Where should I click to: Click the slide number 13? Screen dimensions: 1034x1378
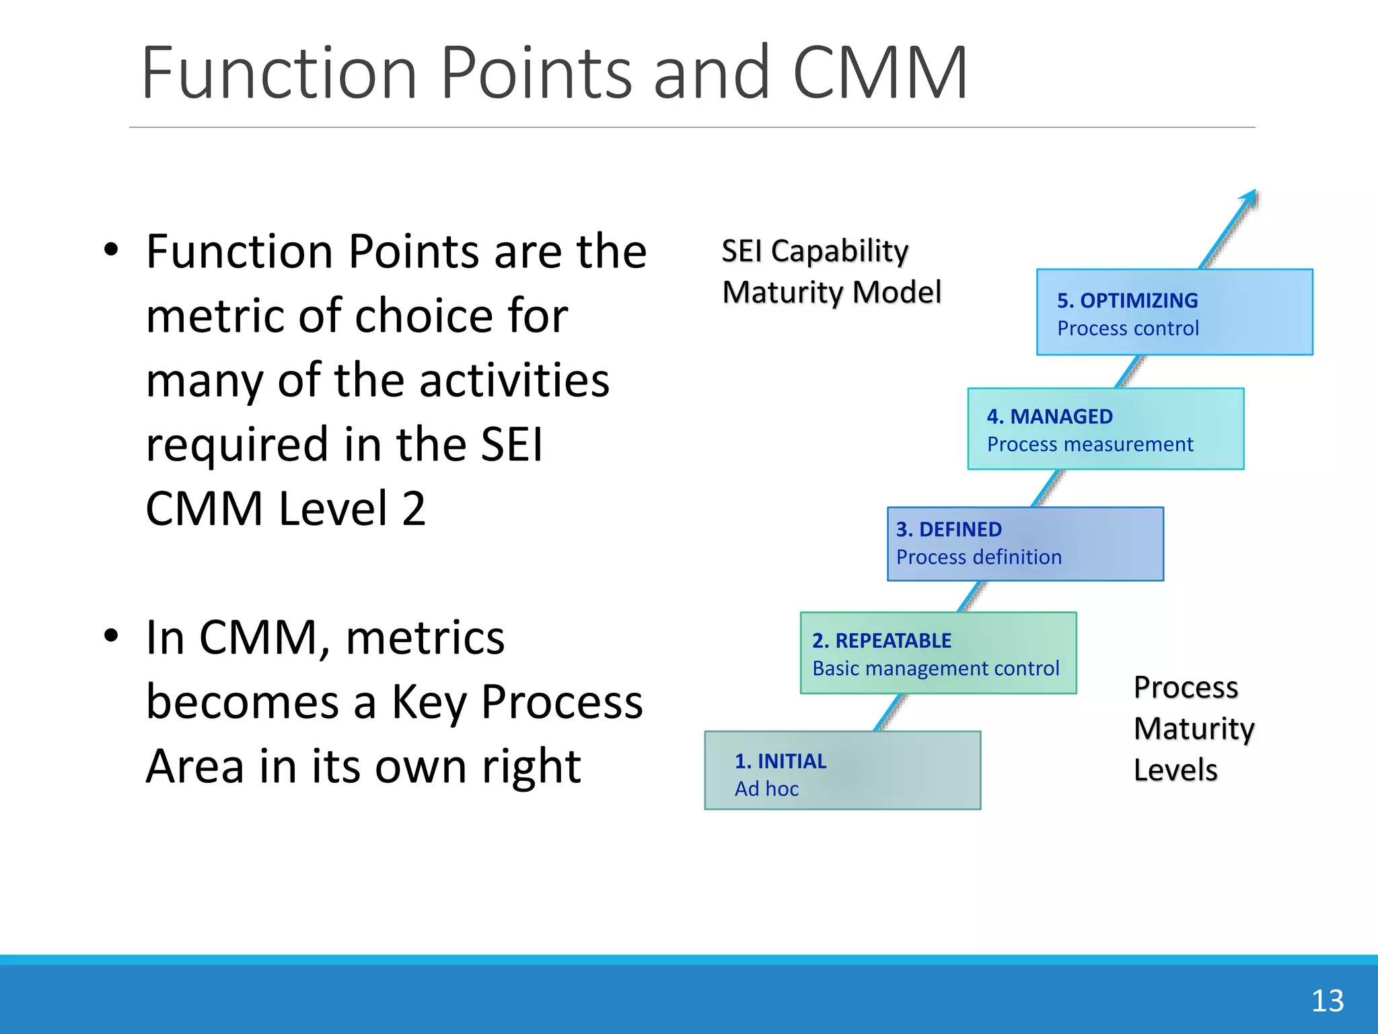click(1327, 1001)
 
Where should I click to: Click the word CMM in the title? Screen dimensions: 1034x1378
click(880, 73)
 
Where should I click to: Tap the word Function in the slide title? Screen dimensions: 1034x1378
click(279, 73)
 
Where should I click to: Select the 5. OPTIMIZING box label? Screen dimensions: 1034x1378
click(1127, 300)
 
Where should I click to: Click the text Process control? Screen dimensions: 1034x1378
click(1127, 329)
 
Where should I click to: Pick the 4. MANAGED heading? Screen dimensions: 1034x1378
click(1049, 417)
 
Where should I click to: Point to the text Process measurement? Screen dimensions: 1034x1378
click(1089, 444)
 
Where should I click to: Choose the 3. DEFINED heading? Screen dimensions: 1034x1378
click(948, 530)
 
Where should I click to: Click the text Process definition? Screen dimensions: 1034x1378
click(978, 557)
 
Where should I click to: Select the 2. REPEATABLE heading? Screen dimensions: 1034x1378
click(881, 641)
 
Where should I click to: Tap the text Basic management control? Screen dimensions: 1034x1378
click(935, 668)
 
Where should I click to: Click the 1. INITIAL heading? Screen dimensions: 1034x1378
click(780, 761)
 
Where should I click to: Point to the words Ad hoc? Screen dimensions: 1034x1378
click(766, 789)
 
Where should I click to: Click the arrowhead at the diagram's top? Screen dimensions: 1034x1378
click(1250, 197)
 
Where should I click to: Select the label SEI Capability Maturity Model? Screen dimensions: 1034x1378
click(830, 272)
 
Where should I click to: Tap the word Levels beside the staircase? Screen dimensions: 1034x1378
click(1175, 770)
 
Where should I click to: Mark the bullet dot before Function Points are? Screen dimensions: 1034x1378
click(111, 250)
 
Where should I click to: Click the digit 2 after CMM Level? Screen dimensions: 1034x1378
click(414, 509)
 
